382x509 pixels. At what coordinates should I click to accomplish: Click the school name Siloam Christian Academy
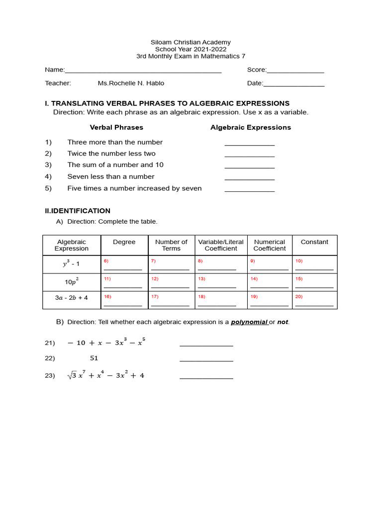point(191,42)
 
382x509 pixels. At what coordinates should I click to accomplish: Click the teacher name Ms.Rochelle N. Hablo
point(131,83)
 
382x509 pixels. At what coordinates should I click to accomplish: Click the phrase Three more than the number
point(115,142)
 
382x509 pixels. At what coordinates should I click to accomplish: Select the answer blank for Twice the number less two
point(249,157)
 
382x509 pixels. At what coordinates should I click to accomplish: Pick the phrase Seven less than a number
point(111,176)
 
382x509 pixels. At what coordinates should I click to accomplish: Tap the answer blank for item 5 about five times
point(249,191)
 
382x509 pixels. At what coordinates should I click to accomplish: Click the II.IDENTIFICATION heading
point(78,211)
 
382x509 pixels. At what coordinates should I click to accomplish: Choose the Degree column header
point(124,242)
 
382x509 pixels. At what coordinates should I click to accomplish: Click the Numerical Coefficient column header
point(270,245)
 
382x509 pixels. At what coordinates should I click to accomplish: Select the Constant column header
point(314,242)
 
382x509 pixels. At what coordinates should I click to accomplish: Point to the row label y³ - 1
point(71,264)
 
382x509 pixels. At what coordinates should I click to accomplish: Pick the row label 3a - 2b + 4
point(71,298)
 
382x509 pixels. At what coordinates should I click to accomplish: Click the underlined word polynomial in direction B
point(249,322)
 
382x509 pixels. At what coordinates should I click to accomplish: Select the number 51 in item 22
point(94,358)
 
